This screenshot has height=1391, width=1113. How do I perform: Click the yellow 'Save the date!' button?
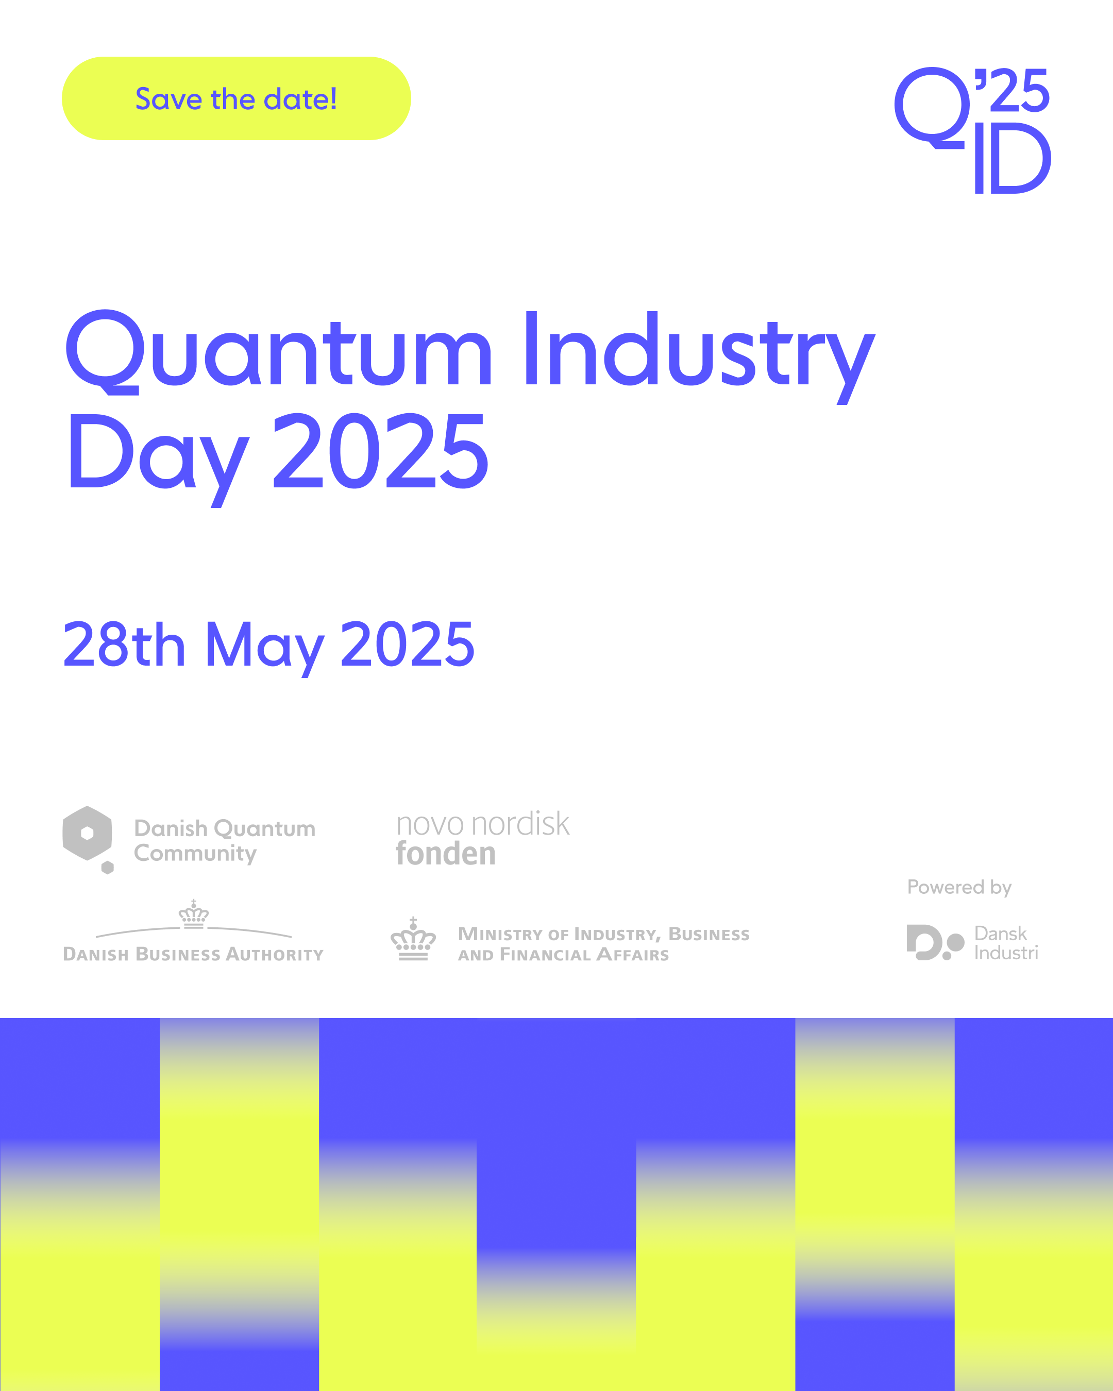(x=236, y=99)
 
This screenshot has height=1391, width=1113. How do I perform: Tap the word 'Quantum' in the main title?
(x=279, y=352)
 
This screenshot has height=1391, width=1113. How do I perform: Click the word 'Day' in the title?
(x=159, y=460)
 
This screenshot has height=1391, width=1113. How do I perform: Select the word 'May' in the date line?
(x=264, y=649)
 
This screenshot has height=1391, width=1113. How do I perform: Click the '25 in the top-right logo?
(x=1011, y=90)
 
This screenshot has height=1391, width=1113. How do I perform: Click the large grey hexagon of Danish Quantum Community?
(x=87, y=833)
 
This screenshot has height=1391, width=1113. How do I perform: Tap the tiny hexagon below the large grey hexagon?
(x=108, y=868)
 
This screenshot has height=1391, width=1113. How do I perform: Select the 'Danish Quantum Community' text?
(x=225, y=841)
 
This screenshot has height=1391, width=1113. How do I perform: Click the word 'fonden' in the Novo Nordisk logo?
(x=446, y=853)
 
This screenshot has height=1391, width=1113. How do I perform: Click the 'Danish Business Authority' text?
(x=193, y=954)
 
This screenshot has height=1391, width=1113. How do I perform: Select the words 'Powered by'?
(x=959, y=888)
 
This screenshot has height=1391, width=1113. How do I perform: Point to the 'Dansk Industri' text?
(x=1006, y=943)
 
